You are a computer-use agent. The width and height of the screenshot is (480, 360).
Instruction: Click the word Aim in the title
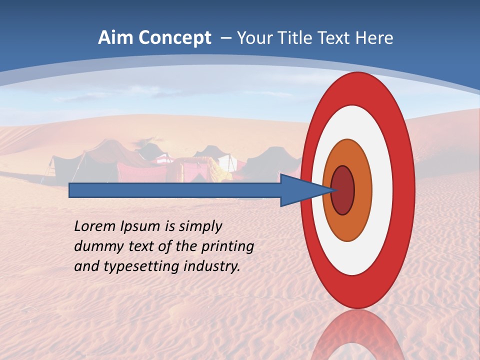click(115, 38)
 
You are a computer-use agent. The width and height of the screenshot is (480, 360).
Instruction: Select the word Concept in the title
click(175, 38)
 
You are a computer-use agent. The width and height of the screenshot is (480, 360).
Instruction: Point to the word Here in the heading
click(373, 38)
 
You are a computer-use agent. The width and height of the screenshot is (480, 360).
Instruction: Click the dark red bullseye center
click(343, 190)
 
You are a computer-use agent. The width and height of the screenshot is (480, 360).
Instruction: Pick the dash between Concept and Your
click(225, 38)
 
